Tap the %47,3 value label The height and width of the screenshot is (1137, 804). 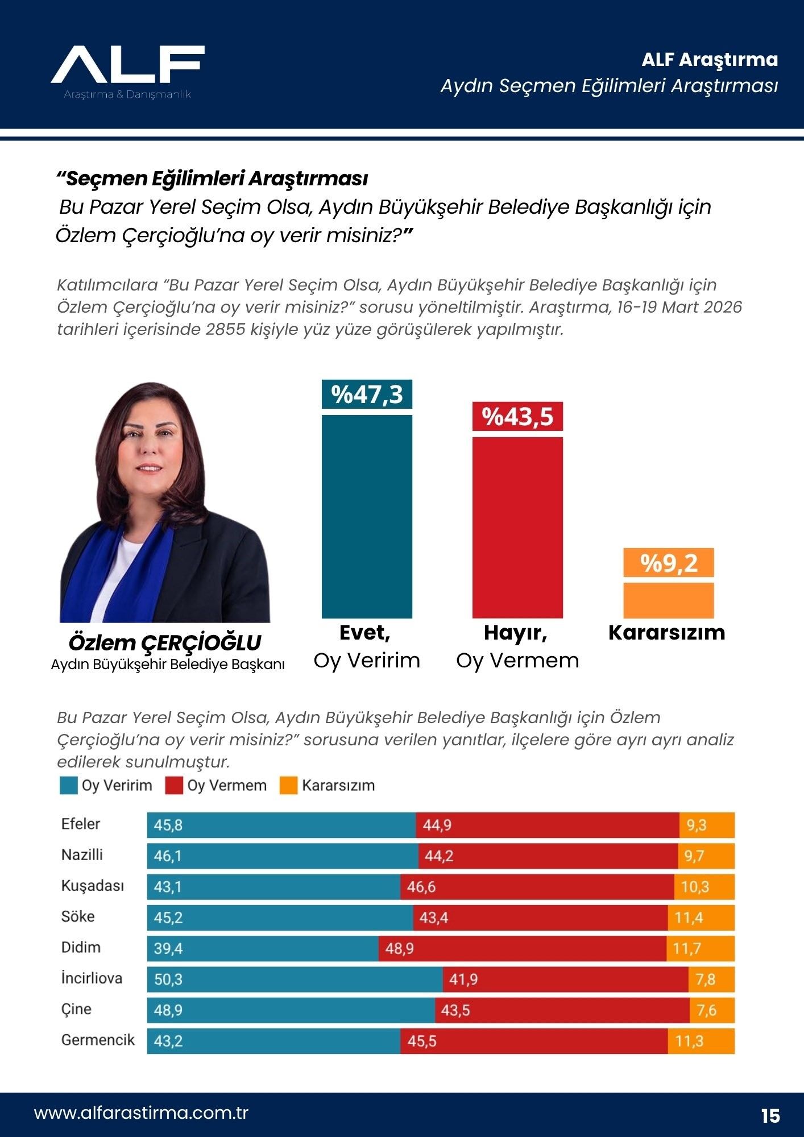367,394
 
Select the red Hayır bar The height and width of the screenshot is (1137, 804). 517,527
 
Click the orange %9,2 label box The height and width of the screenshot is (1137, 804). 668,563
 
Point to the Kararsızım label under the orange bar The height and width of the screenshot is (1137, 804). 666,633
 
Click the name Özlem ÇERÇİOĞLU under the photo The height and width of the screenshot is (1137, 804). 165,642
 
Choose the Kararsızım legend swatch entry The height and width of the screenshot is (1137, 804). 328,786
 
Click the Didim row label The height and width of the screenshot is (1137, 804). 81,948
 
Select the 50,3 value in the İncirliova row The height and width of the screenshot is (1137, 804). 168,979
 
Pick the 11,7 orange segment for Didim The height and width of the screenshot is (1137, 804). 700,948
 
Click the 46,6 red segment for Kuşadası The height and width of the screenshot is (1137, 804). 537,887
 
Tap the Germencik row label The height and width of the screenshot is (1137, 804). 98,1040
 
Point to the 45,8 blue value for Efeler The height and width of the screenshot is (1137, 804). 168,825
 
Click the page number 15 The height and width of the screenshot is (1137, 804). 770,1115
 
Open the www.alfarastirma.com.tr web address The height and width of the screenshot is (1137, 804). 141,1113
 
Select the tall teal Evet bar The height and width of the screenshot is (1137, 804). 367,516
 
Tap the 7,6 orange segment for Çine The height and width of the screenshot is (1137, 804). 711,1010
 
